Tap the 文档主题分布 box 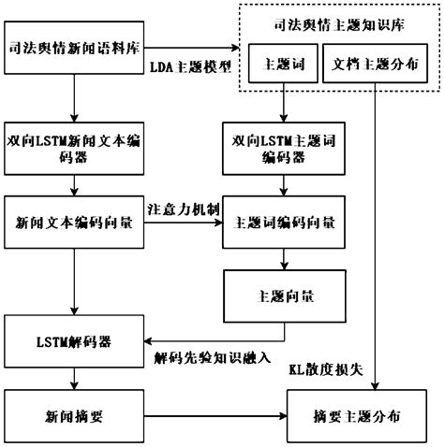[x=377, y=66]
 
